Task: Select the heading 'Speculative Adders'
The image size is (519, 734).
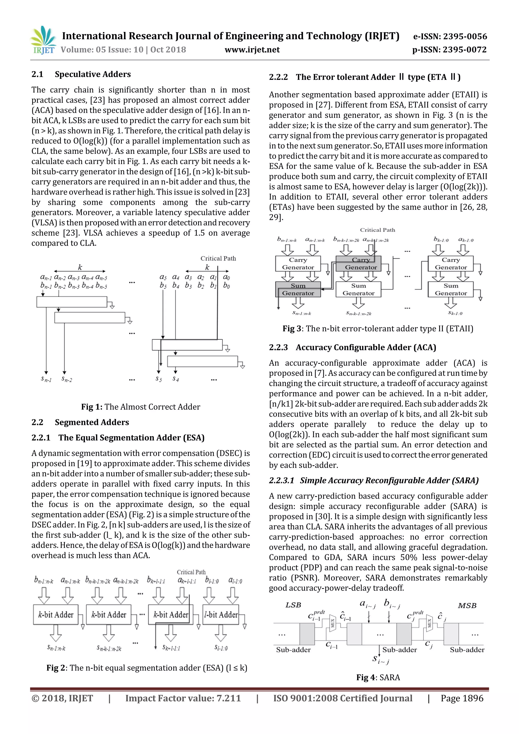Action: (x=92, y=74)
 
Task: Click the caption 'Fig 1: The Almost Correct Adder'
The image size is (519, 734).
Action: (x=140, y=407)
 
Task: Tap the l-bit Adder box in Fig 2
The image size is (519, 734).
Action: (x=221, y=614)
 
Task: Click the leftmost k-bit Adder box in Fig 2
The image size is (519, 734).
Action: (x=56, y=614)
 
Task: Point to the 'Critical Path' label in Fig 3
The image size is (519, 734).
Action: (x=377, y=230)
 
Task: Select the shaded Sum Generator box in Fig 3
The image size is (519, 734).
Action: (x=298, y=289)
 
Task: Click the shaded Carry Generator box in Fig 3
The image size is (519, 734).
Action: (x=359, y=264)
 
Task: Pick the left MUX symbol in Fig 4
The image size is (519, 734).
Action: (x=332, y=623)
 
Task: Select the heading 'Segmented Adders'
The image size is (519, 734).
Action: (x=91, y=422)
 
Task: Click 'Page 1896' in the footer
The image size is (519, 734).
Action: (x=462, y=698)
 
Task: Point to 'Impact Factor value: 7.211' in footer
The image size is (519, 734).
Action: (x=183, y=698)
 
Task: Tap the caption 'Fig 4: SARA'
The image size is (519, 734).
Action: (x=378, y=677)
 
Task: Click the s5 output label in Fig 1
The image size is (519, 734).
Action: (x=159, y=379)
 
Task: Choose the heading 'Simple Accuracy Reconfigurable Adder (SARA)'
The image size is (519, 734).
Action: (x=389, y=480)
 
